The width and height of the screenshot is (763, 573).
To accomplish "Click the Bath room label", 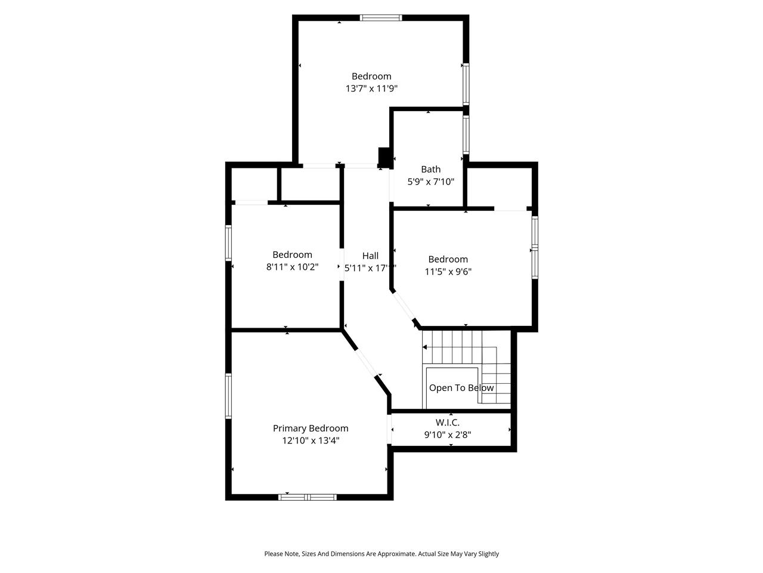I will click(430, 170).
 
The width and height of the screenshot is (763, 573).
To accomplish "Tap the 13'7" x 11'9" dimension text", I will click(371, 88).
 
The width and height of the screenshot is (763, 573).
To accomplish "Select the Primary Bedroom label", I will click(311, 429).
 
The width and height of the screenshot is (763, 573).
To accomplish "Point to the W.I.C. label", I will click(447, 423).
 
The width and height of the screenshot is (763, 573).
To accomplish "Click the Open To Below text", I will click(461, 388).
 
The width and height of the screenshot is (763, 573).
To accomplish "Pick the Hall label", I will click(370, 256).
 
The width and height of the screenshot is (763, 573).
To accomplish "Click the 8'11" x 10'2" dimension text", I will click(292, 267).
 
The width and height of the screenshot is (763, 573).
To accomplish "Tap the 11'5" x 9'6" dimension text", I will click(448, 272).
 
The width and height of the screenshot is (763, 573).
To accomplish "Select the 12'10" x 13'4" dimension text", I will click(311, 441).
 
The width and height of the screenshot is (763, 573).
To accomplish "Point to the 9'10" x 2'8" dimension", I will click(447, 435).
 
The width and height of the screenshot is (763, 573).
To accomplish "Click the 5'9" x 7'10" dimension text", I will click(430, 182).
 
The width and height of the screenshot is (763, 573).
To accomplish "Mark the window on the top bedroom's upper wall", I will click(381, 18).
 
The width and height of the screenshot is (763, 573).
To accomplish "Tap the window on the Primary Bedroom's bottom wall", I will click(308, 497).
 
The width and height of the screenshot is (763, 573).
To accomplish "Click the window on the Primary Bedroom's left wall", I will click(228, 396).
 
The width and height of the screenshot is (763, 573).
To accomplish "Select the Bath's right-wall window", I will click(466, 135).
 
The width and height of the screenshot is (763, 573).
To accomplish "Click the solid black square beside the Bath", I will click(384, 157).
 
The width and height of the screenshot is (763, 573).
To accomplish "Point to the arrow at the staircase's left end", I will click(425, 347).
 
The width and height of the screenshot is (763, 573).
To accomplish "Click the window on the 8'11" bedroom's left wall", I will click(228, 242).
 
